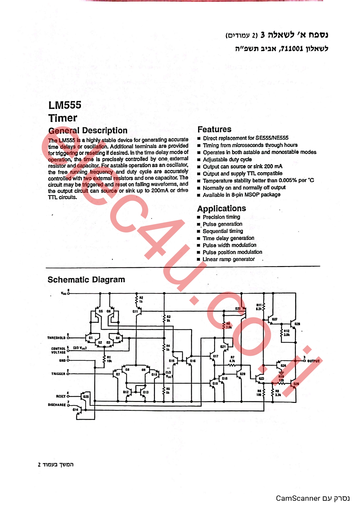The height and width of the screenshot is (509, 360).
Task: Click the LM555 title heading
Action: coord(65,105)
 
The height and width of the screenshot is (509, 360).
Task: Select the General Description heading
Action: coord(88,131)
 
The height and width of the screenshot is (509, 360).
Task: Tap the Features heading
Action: coord(214,129)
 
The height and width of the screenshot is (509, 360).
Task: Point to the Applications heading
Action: coord(221,209)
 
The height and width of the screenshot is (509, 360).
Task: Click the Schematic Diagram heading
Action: coord(86,280)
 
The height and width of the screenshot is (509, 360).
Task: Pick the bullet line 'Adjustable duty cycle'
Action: coord(227,160)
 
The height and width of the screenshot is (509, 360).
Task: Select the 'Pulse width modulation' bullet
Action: coord(229,245)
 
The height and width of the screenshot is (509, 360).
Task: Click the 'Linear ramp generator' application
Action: coord(229,259)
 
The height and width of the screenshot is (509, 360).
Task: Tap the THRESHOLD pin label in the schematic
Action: coord(56,338)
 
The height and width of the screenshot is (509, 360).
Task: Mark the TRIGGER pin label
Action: coord(58,374)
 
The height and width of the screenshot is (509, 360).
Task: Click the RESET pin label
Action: coord(61,396)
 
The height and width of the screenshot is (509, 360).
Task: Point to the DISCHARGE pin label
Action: coord(57,405)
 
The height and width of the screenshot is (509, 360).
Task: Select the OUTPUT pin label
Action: coord(313,361)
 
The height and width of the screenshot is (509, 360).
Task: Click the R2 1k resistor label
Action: coord(141,299)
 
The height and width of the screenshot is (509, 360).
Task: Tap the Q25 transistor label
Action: coord(86,396)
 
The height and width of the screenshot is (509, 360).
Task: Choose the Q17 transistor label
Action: coord(216,356)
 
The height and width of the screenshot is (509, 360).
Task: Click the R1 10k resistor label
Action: coord(109,359)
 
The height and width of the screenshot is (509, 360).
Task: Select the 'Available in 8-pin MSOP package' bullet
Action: coord(241,195)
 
